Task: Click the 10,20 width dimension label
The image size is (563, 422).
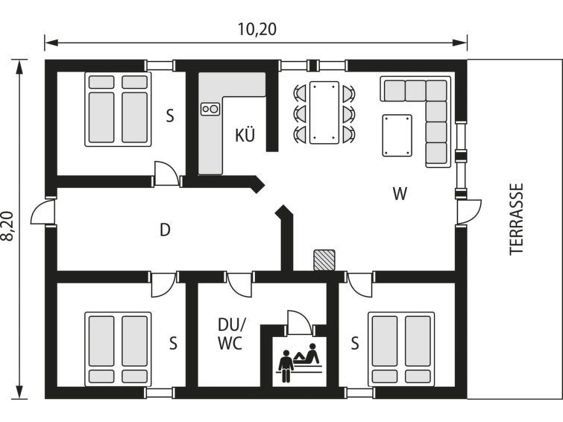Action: pos(257,29)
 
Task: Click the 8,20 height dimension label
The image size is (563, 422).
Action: pos(8,226)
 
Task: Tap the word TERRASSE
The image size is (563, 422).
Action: pos(516,219)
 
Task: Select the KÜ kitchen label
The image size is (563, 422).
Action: pos(245,134)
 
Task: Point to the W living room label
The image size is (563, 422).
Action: pos(400,194)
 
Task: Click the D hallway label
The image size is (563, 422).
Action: pos(165,230)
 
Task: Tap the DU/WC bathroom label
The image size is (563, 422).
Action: pos(231,334)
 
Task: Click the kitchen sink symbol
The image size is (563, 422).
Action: pos(210,108)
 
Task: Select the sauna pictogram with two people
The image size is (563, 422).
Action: pos(300,363)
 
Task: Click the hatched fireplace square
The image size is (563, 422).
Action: pos(324,260)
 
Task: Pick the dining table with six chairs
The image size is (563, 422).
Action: pos(324,113)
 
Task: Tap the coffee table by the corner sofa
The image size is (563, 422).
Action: pos(397,136)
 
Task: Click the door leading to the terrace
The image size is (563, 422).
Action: pos(468,212)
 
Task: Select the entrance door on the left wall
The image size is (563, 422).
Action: pos(43,212)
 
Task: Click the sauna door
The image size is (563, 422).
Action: pos(299,323)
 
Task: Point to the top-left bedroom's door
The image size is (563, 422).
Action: pos(166,174)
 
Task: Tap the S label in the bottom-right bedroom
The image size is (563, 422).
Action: pos(355,344)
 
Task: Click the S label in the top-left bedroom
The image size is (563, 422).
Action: pos(170,116)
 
